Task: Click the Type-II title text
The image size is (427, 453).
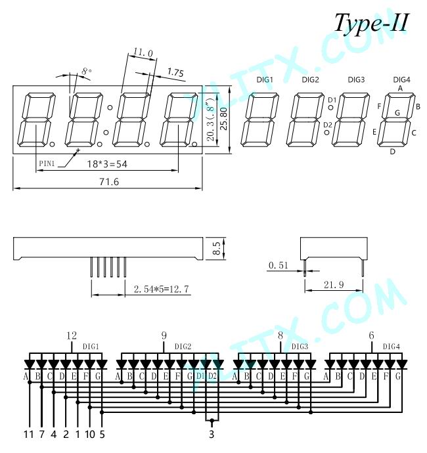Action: [371, 23]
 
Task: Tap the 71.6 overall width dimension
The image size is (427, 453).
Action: [109, 182]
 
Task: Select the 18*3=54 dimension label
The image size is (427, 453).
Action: [107, 164]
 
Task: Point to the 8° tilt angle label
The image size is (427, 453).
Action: [87, 71]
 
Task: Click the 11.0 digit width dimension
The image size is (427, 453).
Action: [143, 53]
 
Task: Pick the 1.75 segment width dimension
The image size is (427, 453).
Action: [175, 72]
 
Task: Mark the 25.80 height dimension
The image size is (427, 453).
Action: [224, 119]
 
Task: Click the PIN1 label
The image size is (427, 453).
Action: [47, 163]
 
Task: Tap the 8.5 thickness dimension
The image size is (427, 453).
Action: [217, 248]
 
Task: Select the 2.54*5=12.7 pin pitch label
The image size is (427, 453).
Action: [161, 289]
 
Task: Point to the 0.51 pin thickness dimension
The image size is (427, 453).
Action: [278, 265]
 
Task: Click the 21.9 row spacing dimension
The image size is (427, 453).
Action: [334, 285]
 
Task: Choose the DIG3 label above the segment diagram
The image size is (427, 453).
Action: [356, 79]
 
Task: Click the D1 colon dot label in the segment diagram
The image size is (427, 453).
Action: [332, 100]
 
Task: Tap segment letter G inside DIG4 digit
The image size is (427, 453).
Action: [397, 113]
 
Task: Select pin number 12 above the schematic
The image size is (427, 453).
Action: [72, 335]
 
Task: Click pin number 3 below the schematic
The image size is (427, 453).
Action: [212, 434]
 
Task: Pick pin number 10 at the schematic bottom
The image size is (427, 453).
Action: [90, 434]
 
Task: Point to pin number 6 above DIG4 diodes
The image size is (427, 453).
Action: [372, 335]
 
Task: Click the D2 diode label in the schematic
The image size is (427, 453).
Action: [212, 376]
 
